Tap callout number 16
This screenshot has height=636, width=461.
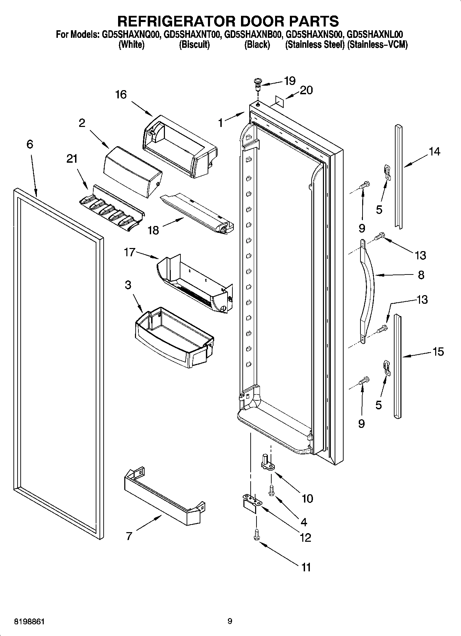(x=121, y=94)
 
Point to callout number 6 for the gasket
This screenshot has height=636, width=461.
(x=30, y=144)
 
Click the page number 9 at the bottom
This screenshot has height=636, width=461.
(x=230, y=621)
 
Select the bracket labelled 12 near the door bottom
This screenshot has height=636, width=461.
(x=251, y=503)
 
